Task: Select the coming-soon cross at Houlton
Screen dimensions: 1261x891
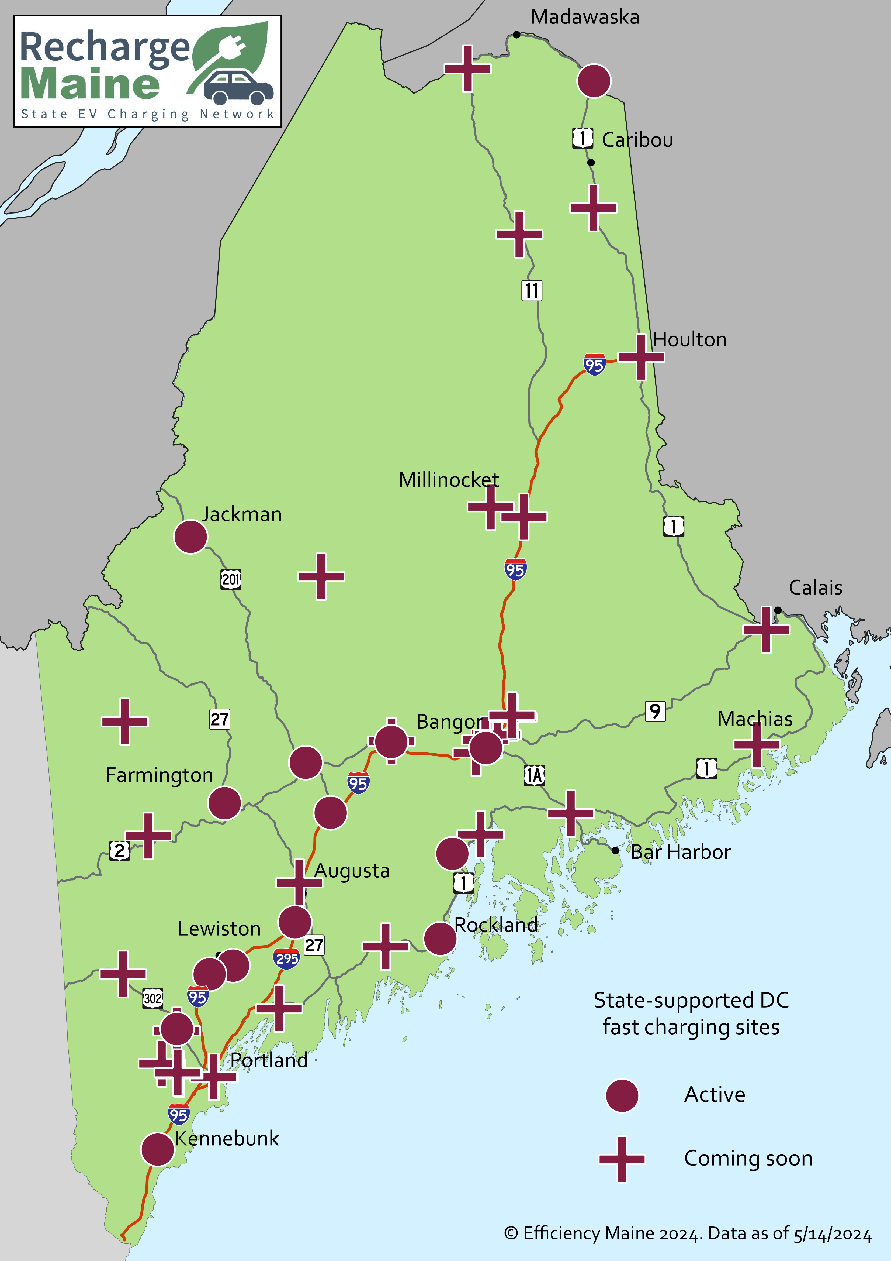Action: point(641,357)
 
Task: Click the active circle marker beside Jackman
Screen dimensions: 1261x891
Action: point(190,537)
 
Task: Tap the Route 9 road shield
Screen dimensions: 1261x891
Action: point(655,711)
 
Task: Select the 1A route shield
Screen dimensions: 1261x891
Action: point(534,775)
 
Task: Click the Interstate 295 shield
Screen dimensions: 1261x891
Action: point(287,959)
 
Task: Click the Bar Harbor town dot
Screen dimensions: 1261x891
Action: point(615,850)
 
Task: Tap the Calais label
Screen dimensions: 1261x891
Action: point(815,588)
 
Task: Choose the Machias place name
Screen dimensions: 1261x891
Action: point(755,719)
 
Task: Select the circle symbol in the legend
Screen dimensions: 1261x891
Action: point(622,1095)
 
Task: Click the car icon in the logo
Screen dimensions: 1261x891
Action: point(239,87)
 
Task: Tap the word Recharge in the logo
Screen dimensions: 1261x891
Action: point(104,48)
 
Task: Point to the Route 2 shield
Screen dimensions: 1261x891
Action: point(120,850)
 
